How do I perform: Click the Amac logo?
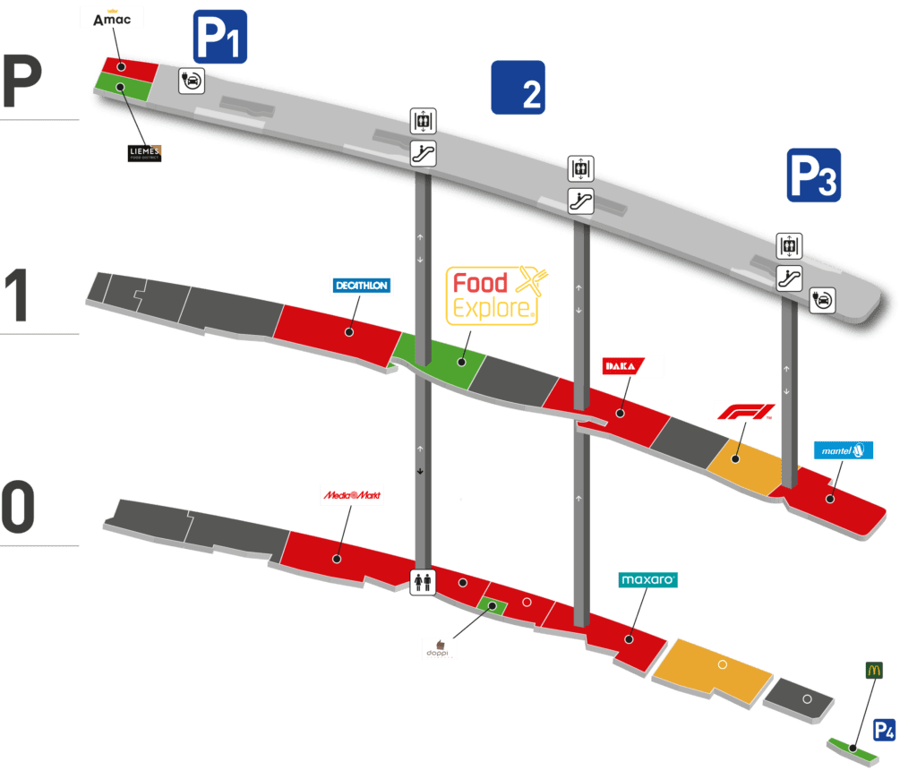point(112,17)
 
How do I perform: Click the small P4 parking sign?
point(884,731)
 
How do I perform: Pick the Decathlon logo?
point(361,286)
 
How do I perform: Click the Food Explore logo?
point(497,295)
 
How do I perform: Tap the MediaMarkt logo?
point(352,494)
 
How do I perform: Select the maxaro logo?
point(647,580)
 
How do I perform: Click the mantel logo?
point(843,450)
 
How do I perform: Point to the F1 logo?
point(746,412)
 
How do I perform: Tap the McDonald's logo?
point(875,670)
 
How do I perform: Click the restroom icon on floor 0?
point(422,582)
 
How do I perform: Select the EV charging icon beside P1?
point(193,81)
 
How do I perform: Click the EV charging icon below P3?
point(822,301)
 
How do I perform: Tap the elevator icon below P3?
point(789,245)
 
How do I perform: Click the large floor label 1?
point(18,295)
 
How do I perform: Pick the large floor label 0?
point(18,506)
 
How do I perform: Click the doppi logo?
point(440,647)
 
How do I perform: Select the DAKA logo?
point(632,365)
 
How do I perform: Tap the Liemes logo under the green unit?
point(144,154)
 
